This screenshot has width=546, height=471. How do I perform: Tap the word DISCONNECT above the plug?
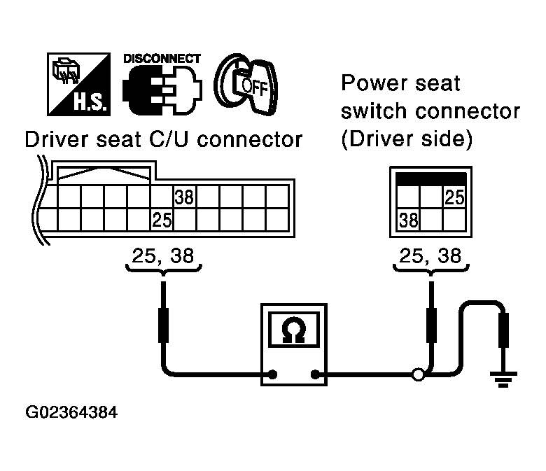coord(162,59)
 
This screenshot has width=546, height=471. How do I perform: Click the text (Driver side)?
coord(407,139)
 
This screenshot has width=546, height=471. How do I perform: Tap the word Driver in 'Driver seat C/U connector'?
coord(55,139)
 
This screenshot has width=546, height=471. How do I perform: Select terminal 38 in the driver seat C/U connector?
coord(184,197)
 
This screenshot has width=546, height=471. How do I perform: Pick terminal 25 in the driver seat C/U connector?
coord(162,220)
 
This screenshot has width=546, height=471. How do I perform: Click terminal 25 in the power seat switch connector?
coord(454,198)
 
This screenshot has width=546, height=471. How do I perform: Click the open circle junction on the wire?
coord(418,375)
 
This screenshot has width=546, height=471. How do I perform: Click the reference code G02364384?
coord(71,413)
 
